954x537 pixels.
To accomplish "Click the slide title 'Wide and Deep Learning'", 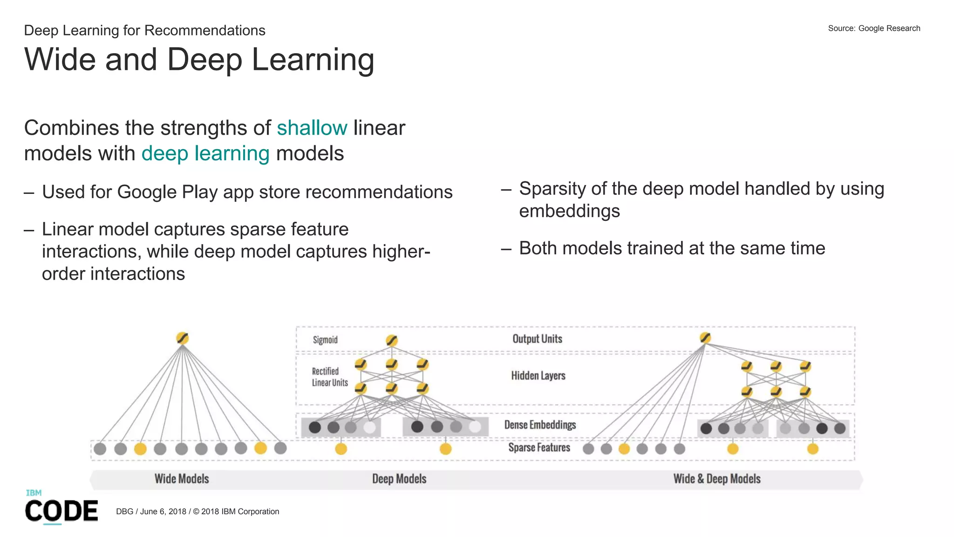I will coord(199,60).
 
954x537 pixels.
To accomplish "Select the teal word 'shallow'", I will coord(312,128).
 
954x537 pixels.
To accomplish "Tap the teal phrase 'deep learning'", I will coord(205,153).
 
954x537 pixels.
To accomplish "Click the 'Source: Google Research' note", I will coord(874,28).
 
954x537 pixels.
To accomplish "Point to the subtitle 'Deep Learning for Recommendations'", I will coord(144,31).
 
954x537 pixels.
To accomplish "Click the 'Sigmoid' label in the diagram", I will coord(325,340).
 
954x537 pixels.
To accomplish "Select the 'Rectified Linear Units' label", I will coord(330,377).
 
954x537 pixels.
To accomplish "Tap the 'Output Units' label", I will coord(537,339).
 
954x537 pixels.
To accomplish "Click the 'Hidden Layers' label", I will coord(538,376).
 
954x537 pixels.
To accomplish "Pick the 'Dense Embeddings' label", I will coord(540,425).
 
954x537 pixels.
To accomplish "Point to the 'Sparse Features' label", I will coord(539,447).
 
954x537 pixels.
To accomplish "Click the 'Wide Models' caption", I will coord(182,479).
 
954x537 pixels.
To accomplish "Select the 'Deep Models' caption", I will coord(399,479).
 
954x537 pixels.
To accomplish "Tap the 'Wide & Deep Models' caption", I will coord(717,479).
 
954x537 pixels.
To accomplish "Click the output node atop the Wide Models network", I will coord(182,338).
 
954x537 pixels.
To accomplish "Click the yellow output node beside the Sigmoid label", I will coord(392,341).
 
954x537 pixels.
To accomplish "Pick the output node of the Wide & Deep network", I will coord(705,338).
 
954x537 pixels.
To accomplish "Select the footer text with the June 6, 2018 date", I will coord(198,511).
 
